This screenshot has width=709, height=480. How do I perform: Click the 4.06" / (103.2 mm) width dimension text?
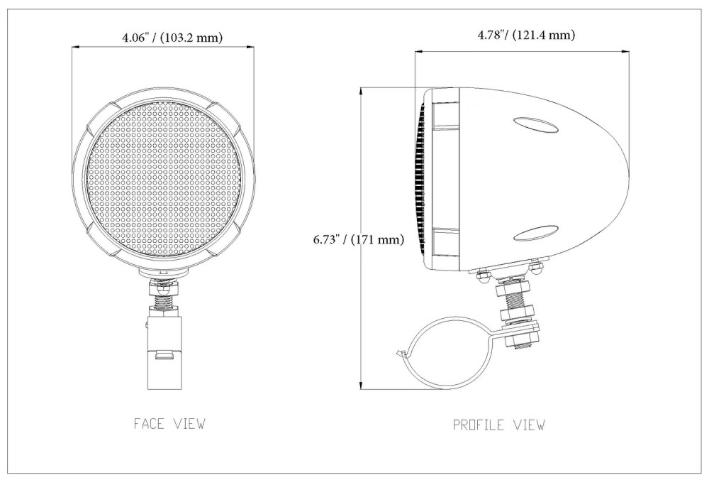(172, 37)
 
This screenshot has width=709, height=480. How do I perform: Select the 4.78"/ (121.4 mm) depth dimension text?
(526, 34)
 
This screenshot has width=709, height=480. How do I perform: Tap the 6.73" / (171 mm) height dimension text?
(359, 239)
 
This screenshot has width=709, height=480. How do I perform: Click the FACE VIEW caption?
(169, 423)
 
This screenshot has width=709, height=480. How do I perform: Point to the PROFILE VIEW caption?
(498, 425)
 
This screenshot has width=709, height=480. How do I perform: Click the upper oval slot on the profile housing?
(535, 125)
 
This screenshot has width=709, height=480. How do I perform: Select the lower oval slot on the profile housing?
(536, 233)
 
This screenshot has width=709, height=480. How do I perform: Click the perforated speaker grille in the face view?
(164, 180)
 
